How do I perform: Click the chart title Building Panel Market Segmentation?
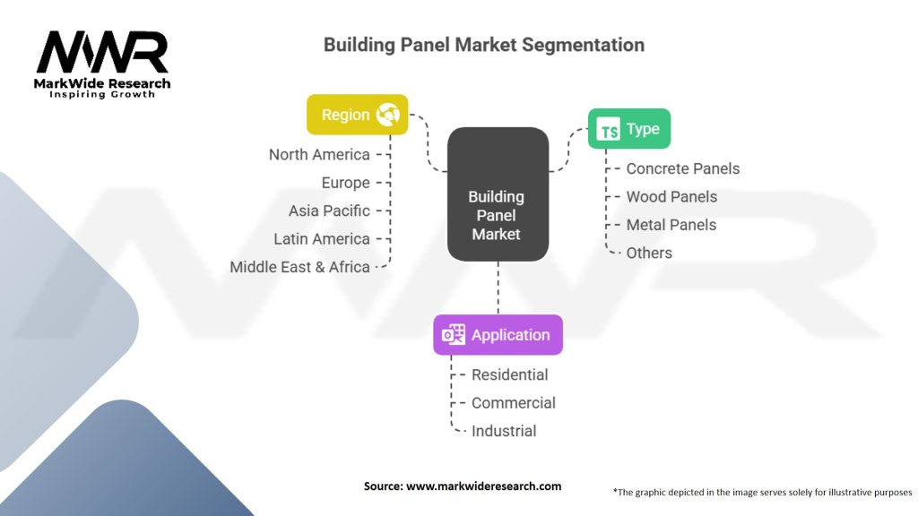click(483, 45)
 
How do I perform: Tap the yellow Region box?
click(357, 115)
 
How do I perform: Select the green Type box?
click(628, 130)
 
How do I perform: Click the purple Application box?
click(498, 335)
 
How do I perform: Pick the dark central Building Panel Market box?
click(498, 194)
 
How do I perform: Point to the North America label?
click(319, 155)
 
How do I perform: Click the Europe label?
click(345, 183)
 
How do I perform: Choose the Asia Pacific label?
click(329, 211)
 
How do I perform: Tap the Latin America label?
click(322, 239)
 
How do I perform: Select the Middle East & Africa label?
click(299, 267)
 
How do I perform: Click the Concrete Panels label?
click(682, 168)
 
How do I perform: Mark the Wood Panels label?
click(671, 197)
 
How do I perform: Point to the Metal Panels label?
click(671, 225)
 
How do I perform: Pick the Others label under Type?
click(649, 253)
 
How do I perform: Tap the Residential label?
click(509, 374)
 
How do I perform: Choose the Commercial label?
click(513, 403)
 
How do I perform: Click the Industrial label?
click(504, 431)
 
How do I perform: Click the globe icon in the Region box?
click(388, 115)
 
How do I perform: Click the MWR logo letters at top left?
click(102, 54)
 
